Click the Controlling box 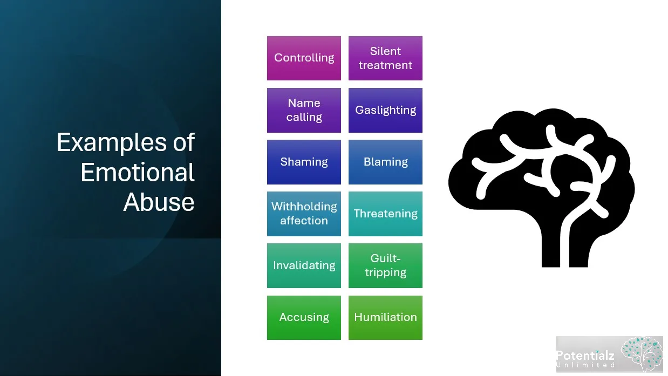(304, 58)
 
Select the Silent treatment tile (385, 58)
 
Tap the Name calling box (304, 110)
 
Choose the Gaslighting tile (385, 110)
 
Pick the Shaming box (304, 162)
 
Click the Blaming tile (385, 162)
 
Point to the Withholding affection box (304, 214)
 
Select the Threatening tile (385, 214)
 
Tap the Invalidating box (304, 265)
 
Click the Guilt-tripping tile (385, 265)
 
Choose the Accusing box (304, 317)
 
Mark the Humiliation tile (385, 317)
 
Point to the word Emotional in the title (137, 173)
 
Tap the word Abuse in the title (159, 202)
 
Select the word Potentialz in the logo (585, 356)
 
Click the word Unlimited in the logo (586, 365)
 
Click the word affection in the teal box (304, 221)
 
